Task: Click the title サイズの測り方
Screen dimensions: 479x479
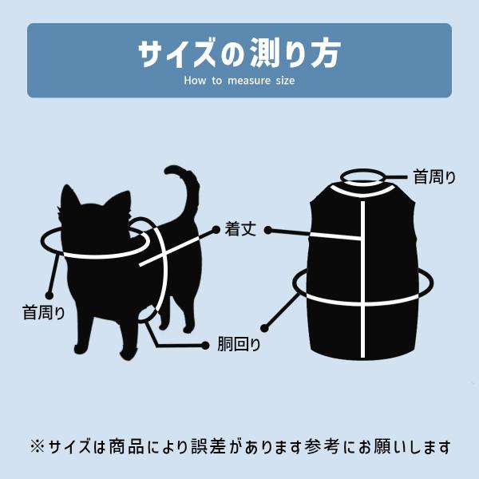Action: (x=239, y=53)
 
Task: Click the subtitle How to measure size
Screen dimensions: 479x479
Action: (x=239, y=81)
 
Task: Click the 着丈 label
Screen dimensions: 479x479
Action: (x=240, y=229)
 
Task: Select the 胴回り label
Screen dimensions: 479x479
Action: (x=239, y=344)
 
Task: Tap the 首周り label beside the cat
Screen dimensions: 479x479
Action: (x=43, y=312)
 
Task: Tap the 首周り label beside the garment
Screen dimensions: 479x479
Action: (x=434, y=177)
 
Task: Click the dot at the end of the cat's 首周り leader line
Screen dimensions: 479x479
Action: (x=49, y=295)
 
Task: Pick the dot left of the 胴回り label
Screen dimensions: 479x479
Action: (x=205, y=346)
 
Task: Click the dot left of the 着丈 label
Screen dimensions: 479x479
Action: (x=216, y=230)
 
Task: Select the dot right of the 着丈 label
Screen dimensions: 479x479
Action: (x=268, y=231)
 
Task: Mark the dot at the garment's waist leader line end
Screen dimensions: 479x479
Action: (x=265, y=329)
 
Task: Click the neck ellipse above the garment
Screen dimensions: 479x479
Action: (x=363, y=169)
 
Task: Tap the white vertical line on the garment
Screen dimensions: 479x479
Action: (x=362, y=279)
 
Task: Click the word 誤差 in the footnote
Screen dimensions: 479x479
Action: (x=208, y=446)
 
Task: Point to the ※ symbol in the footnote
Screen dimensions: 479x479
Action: (x=37, y=447)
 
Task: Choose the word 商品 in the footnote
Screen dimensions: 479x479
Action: (x=126, y=446)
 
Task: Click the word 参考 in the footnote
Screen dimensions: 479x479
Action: (x=322, y=446)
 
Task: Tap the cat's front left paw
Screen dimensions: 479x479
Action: (x=81, y=348)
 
